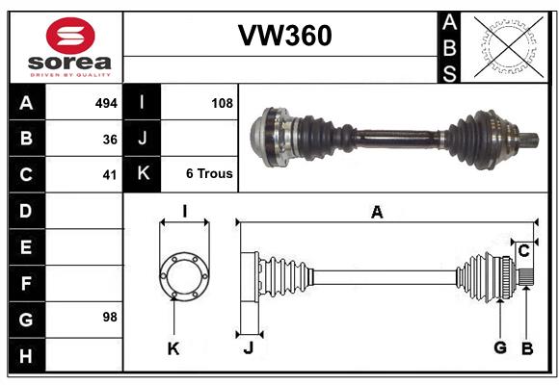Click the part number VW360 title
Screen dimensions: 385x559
coord(284,36)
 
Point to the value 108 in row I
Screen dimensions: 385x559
coord(222,102)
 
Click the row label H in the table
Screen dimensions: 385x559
coord(26,357)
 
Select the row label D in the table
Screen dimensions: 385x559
coord(26,210)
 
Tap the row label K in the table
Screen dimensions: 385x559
coord(142,174)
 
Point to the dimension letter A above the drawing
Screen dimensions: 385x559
coord(377,213)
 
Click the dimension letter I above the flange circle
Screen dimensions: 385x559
coord(184,210)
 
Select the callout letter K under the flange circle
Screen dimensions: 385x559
coord(173,349)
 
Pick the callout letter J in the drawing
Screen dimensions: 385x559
coord(248,349)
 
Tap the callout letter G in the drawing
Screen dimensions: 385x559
coord(500,349)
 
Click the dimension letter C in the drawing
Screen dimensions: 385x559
coord(523,251)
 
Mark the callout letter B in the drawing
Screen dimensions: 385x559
coord(526,349)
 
